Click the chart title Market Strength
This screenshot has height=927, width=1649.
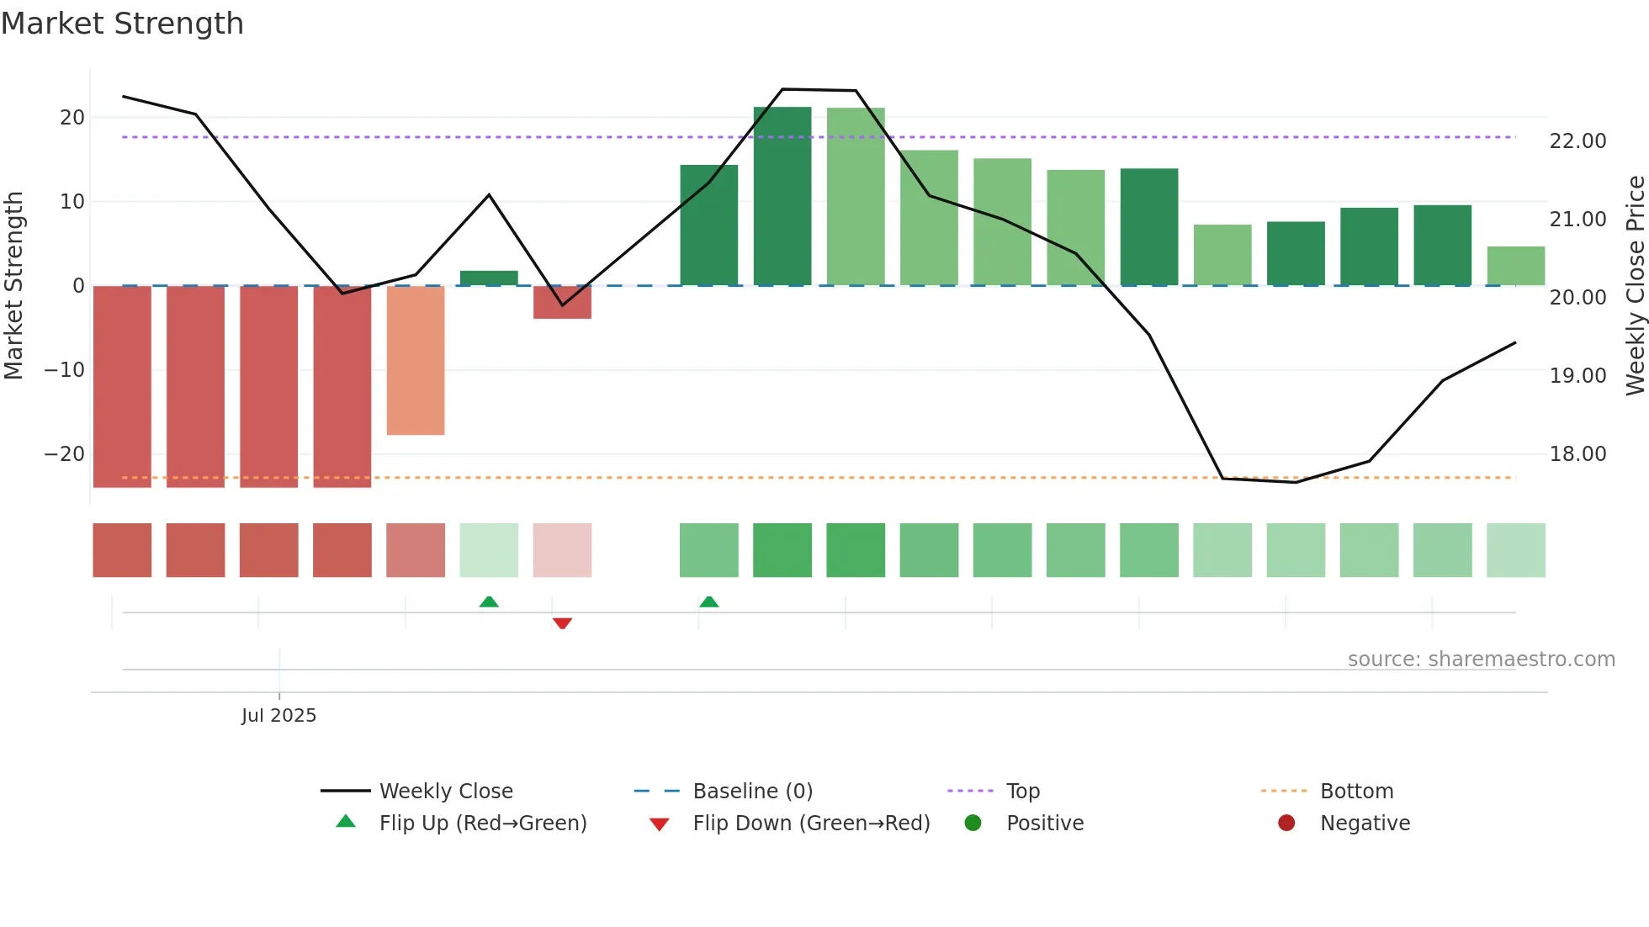(123, 24)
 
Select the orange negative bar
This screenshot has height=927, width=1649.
(416, 360)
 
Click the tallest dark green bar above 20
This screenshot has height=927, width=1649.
(782, 196)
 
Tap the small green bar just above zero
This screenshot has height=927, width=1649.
(489, 278)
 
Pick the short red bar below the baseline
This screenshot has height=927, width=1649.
(562, 302)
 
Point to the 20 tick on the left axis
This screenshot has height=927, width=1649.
(72, 118)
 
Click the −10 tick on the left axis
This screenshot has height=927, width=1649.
(65, 370)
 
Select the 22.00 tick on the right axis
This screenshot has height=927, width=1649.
(1577, 141)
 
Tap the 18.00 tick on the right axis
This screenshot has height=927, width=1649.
(1577, 454)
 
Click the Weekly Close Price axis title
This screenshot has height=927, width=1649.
(1635, 286)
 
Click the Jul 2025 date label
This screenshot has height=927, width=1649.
(278, 716)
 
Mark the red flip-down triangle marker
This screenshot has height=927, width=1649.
(562, 623)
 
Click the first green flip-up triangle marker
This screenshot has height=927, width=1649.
(489, 601)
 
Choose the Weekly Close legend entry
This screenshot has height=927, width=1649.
(445, 792)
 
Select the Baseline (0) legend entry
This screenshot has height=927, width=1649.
(752, 792)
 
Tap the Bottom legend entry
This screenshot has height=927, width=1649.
(1356, 792)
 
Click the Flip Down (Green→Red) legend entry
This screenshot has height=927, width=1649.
(811, 824)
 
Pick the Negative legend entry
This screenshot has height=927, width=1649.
(1364, 824)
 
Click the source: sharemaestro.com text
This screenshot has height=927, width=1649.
(1481, 659)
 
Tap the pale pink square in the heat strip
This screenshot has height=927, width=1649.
(562, 550)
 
